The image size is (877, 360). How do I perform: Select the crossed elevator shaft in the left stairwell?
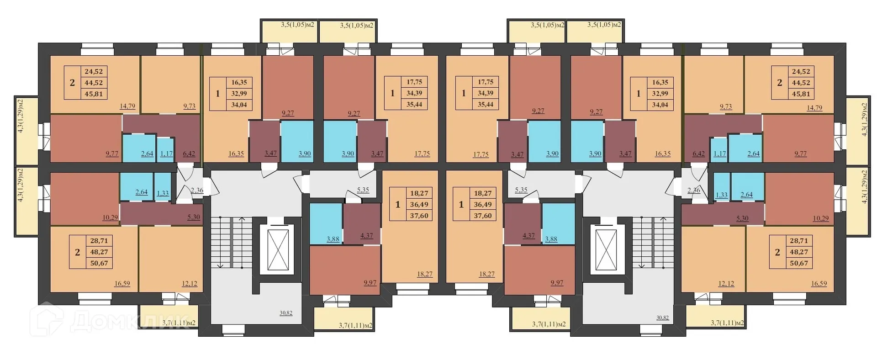[278, 250]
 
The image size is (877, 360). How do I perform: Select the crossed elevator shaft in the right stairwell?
[606, 250]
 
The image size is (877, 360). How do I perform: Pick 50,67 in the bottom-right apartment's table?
[798, 263]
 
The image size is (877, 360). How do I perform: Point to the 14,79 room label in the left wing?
[127, 106]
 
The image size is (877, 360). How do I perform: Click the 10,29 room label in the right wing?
[820, 218]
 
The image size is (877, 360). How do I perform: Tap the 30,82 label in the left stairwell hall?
[286, 313]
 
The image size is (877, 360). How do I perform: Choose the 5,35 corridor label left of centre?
[363, 190]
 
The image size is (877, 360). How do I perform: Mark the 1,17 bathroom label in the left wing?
[166, 154]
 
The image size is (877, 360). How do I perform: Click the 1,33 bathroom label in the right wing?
[722, 195]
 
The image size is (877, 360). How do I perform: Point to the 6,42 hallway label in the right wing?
[698, 154]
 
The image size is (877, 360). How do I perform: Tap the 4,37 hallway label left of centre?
[366, 236]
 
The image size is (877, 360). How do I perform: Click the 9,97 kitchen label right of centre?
[557, 283]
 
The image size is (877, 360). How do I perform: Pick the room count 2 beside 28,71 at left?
[77, 252]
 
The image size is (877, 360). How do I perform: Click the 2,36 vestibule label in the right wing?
[693, 191]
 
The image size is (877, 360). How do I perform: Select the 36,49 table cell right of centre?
[482, 205]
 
